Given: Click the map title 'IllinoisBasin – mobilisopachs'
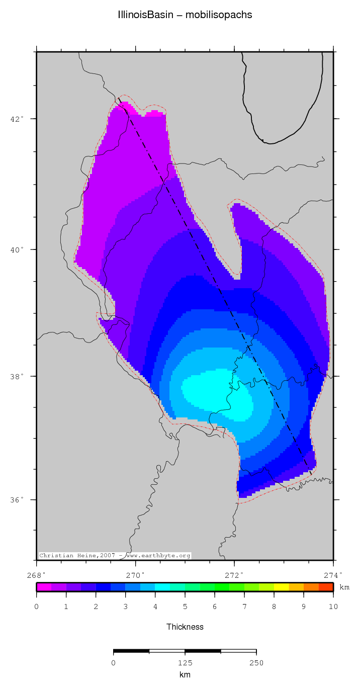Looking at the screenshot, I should tap(185, 15).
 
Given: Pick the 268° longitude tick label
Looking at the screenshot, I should tap(37, 575).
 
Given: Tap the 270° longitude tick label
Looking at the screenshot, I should tap(135, 575).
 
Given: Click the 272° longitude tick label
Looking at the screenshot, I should tap(234, 575).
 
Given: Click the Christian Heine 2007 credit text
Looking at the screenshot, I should tap(115, 556).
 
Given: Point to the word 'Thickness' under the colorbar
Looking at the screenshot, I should tap(185, 627).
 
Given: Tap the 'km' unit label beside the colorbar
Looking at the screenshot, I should tap(344, 587).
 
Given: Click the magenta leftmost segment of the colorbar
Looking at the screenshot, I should tap(44, 586).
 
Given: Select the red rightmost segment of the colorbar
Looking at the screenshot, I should tap(326, 586).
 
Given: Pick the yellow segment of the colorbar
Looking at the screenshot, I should tap(281, 586).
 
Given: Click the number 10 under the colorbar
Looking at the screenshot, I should tap(333, 608).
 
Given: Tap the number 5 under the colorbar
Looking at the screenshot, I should tap(185, 608).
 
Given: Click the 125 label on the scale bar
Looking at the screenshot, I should tap(185, 663).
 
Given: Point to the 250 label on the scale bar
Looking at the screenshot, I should tap(256, 663).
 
